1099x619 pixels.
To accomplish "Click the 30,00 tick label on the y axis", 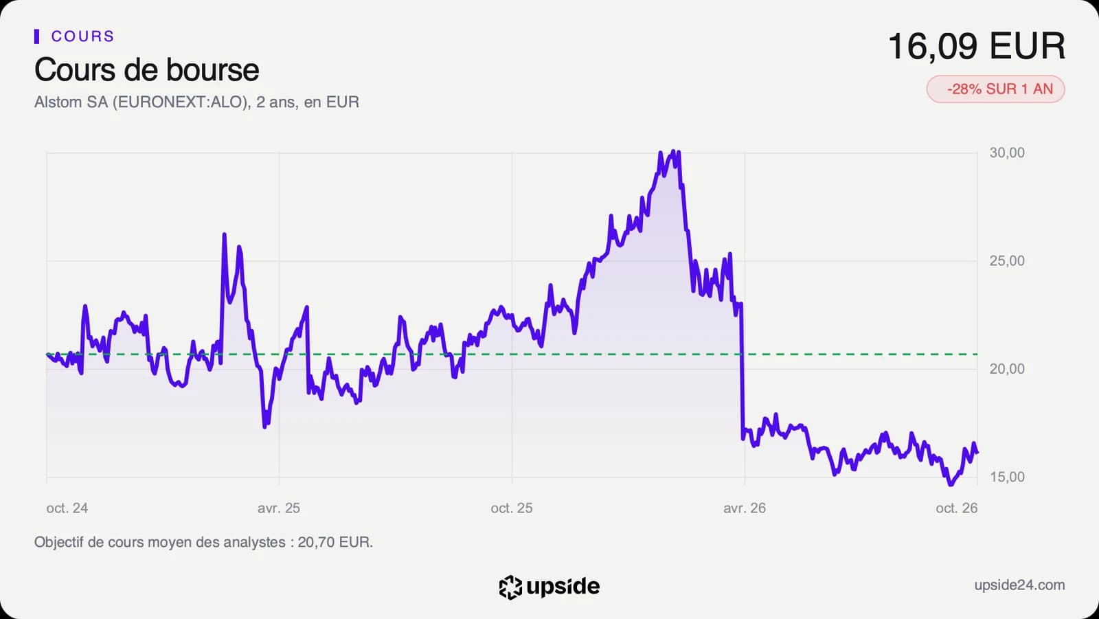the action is point(1007,153).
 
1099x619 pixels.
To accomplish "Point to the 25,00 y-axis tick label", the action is point(1007,260).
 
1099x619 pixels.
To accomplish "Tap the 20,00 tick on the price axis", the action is point(1007,369).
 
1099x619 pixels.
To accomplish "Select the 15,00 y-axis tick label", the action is point(1007,477).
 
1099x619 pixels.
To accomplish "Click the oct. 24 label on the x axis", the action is point(67,508).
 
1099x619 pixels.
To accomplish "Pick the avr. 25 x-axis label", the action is point(279,508).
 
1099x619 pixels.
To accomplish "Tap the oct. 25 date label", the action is point(512,508).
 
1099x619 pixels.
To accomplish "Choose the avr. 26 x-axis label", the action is point(745,508).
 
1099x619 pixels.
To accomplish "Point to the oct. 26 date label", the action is point(957,508).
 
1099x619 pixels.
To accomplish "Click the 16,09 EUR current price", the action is point(976,46).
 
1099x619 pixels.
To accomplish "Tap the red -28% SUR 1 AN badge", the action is point(995,89).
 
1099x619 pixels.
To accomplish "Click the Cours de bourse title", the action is point(147,69).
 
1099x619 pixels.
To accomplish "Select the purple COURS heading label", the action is point(82,36).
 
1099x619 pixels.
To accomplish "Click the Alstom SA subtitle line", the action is point(196,102).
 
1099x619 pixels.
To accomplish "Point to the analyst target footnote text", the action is point(203,542).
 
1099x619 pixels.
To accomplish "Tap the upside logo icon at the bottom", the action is point(510,587).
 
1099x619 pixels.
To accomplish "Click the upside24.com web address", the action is point(1019,585).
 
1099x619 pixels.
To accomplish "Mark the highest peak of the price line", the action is point(673,151).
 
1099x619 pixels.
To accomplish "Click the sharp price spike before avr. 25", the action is point(224,235).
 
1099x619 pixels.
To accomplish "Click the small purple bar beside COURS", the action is point(37,36).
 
